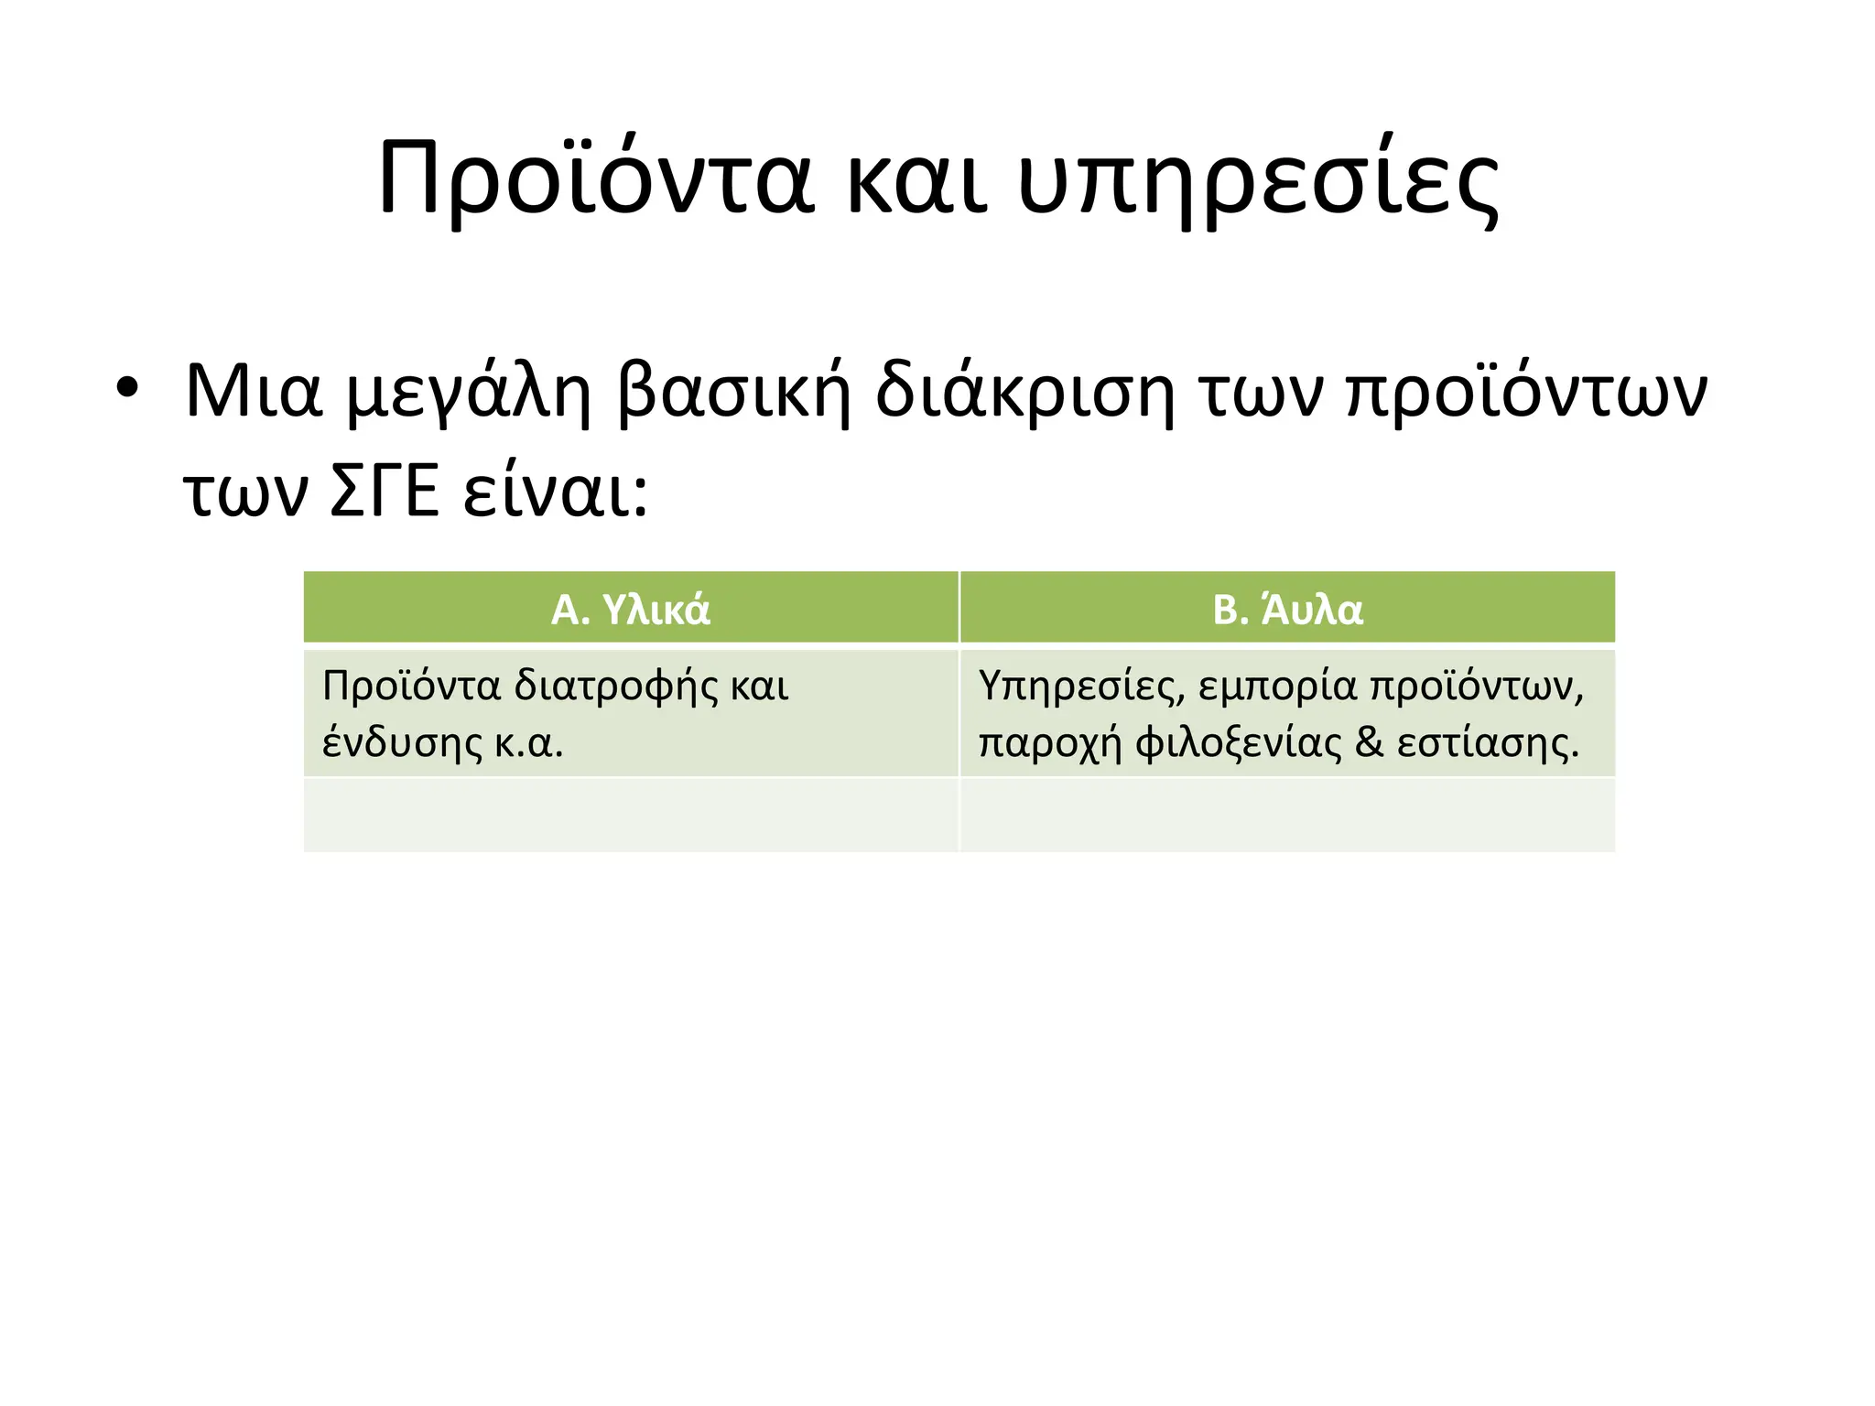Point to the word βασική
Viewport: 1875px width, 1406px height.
pos(734,392)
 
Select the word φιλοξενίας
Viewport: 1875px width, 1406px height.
pos(1238,743)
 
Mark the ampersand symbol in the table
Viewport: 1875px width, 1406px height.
pos(1370,742)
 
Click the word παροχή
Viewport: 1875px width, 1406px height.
pos(1050,743)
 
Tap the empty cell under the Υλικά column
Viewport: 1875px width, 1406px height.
pos(631,815)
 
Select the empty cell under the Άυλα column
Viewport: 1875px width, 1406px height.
pos(1287,815)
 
